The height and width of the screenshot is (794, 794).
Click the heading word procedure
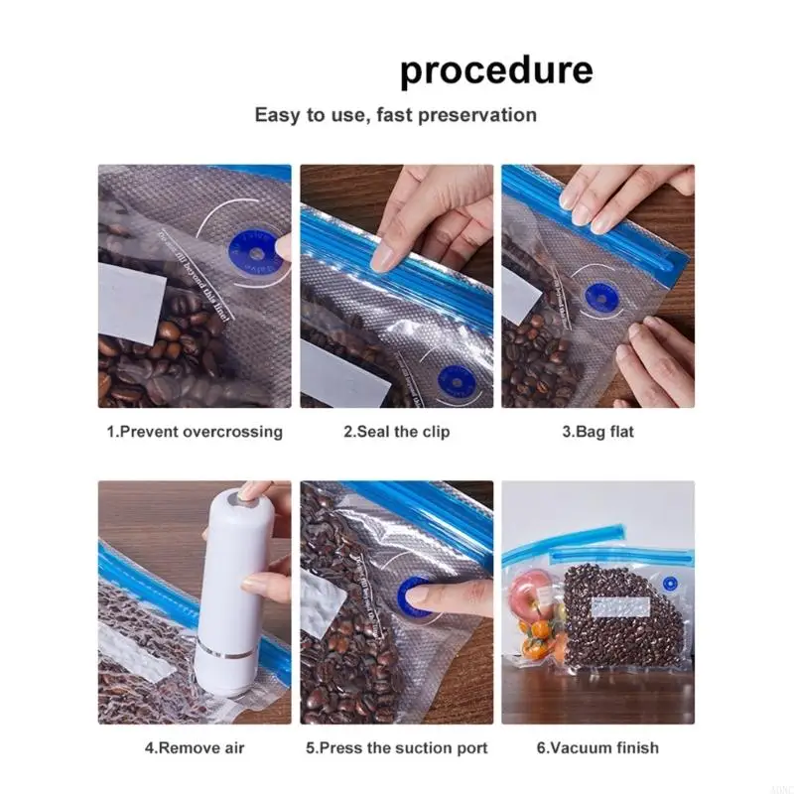pyautogui.click(x=496, y=71)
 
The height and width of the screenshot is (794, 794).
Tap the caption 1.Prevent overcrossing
pyautogui.click(x=195, y=432)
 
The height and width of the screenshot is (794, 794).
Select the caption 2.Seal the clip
pyautogui.click(x=396, y=432)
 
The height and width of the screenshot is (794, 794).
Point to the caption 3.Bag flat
pyautogui.click(x=597, y=432)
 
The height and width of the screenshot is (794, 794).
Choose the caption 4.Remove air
pyautogui.click(x=195, y=747)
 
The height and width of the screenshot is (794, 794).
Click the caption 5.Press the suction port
pyautogui.click(x=396, y=747)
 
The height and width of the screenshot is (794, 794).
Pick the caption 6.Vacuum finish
pyautogui.click(x=597, y=747)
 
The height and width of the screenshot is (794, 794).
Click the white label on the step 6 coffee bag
pyautogui.click(x=621, y=606)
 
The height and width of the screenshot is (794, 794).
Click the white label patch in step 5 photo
pyautogui.click(x=321, y=605)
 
